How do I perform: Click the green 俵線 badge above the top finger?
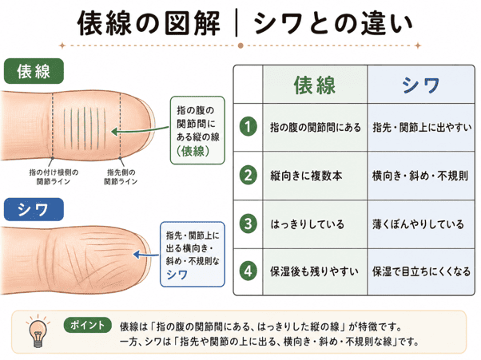[34, 71]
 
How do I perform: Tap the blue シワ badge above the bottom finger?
[34, 210]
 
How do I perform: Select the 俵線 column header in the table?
[315, 85]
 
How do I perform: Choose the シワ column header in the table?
[420, 85]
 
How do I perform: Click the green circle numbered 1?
[248, 127]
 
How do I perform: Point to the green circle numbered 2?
[248, 176]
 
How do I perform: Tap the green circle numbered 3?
[248, 224]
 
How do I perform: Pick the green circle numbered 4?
[248, 271]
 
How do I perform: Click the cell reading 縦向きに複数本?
[306, 176]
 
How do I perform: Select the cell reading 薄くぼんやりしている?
[418, 224]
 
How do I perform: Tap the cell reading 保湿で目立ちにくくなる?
[421, 271]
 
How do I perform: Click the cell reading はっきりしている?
[307, 224]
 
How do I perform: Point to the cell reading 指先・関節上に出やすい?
[422, 127]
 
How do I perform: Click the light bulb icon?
[38, 332]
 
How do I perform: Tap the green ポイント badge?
[87, 325]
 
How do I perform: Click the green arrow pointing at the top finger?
[140, 131]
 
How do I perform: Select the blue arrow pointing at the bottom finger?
[146, 255]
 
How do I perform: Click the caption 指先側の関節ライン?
[121, 176]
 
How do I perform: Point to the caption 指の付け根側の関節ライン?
[54, 176]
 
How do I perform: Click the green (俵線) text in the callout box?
[193, 151]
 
